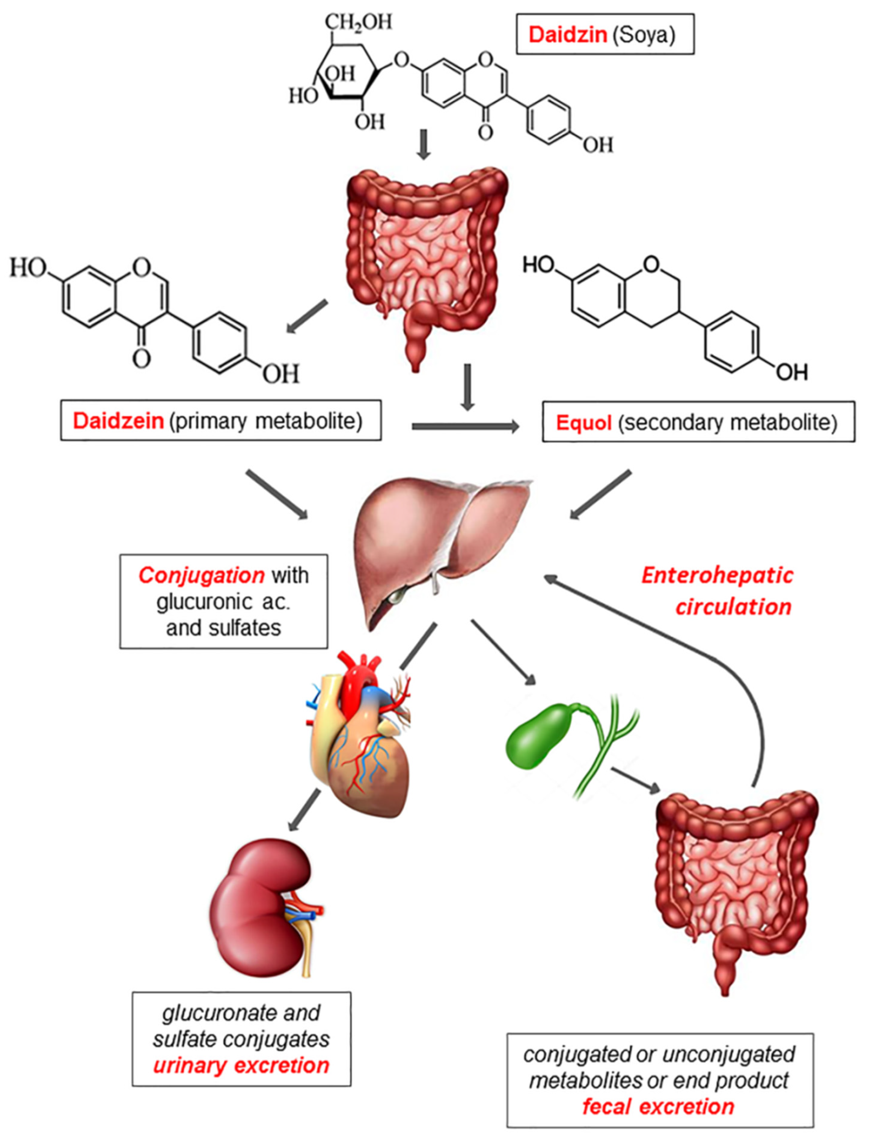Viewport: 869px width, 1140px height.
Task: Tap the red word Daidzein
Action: point(118,421)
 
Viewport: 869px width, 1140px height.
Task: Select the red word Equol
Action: point(583,423)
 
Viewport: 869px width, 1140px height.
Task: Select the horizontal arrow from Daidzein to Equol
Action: point(464,427)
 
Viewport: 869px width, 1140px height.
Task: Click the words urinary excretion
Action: point(241,1065)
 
